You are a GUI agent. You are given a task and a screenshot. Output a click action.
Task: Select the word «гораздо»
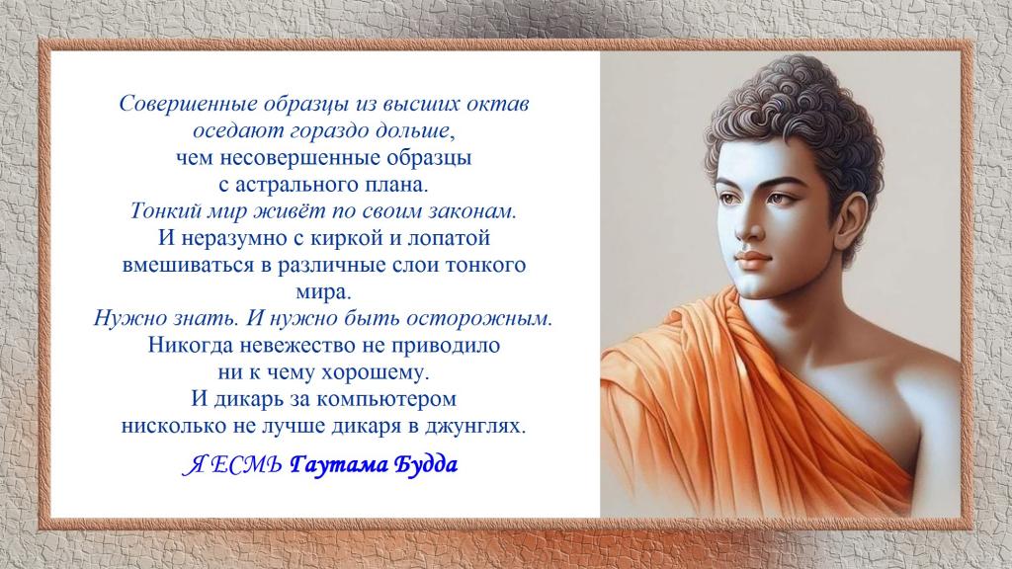click(x=331, y=131)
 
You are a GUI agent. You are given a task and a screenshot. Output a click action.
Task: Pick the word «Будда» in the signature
click(x=425, y=464)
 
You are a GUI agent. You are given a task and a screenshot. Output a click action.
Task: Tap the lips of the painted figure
click(x=752, y=261)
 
